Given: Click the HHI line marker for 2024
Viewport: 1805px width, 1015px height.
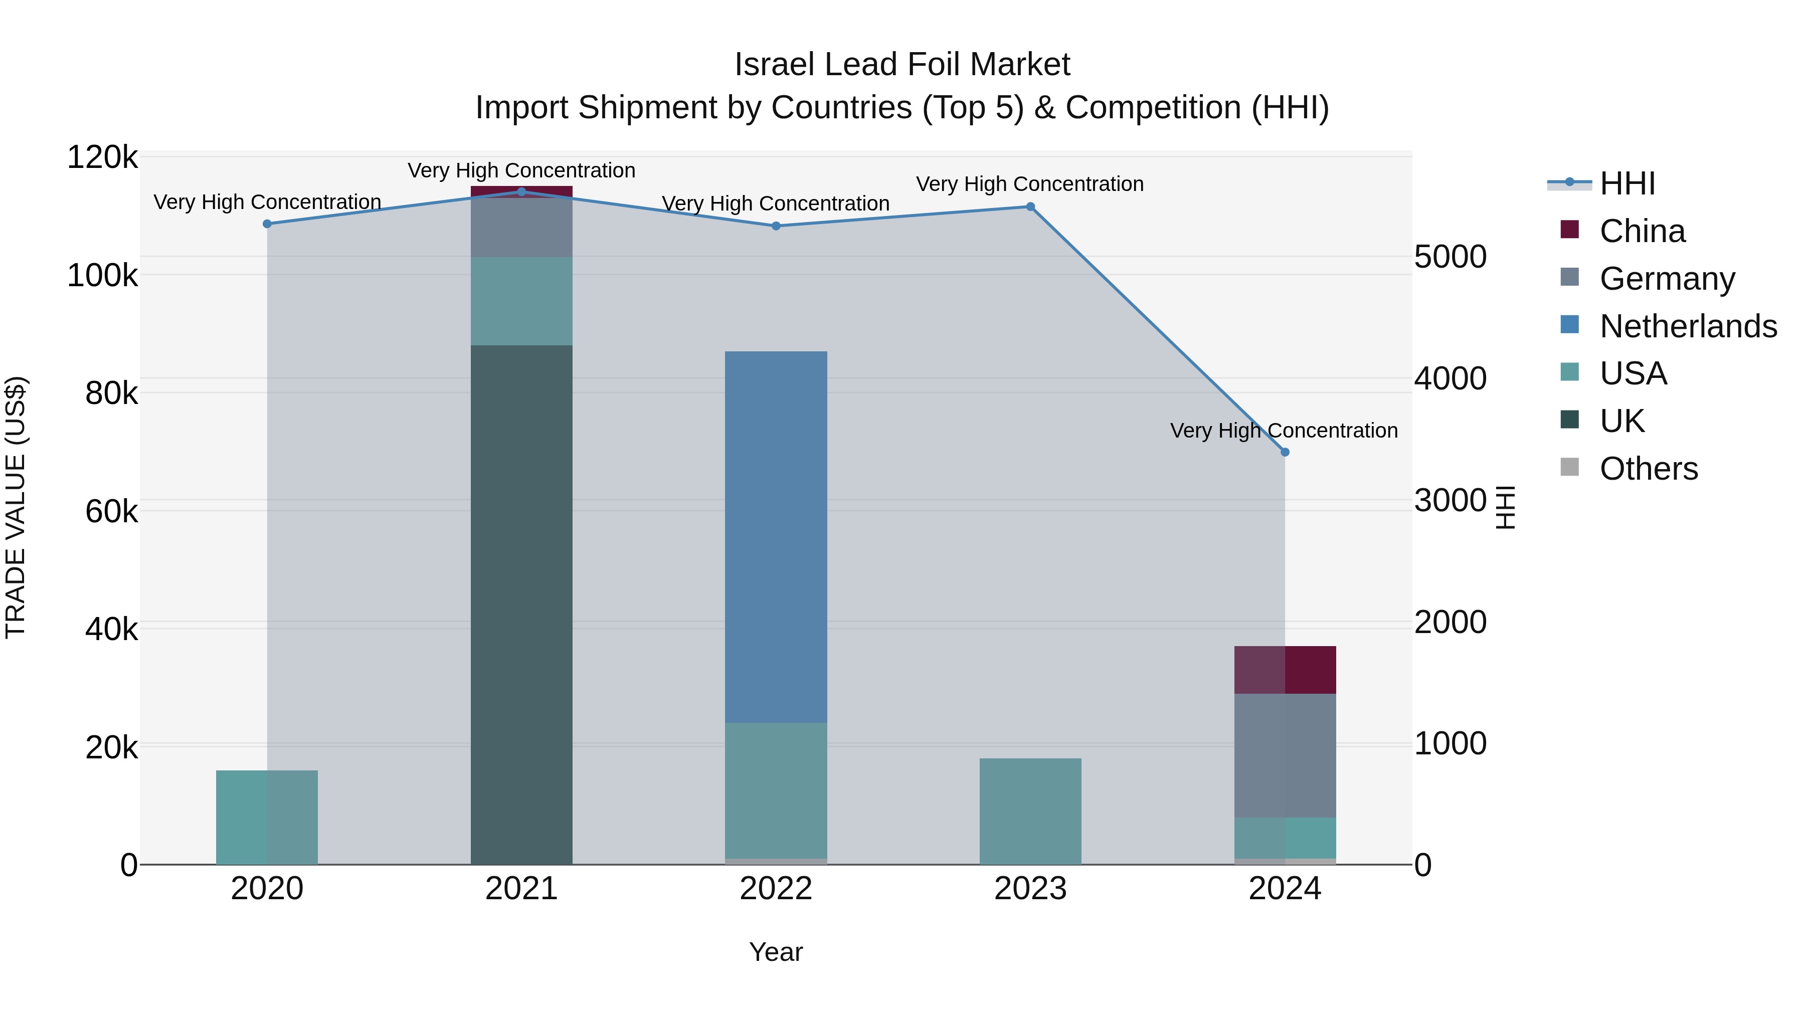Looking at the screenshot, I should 1285,452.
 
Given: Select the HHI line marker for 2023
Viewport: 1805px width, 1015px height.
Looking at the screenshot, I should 1030,207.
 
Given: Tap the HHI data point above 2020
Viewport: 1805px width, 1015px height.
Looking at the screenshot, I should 267,224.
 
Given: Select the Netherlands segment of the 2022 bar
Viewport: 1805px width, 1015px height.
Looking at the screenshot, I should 776,536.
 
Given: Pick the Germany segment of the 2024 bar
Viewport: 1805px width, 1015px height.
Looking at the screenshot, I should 1285,755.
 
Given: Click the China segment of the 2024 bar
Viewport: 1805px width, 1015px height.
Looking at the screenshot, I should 1285,670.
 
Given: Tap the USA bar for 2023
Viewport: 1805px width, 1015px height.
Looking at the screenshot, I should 1030,811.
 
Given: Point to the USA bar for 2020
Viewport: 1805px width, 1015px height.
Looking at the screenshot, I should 267,817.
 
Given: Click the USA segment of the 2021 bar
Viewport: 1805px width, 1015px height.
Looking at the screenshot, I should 521,301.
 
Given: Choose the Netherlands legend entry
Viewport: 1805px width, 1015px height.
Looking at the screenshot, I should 1687,326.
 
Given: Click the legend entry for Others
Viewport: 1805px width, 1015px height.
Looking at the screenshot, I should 1648,469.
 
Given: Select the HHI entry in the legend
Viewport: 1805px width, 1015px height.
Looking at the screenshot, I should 1627,183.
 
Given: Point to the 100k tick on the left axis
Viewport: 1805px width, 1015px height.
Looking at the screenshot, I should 102,275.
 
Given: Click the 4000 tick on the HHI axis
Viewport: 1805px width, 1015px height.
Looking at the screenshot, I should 1450,378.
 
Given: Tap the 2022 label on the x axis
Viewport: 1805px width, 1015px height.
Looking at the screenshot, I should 776,889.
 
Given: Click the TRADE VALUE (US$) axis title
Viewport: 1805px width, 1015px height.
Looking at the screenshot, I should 16,507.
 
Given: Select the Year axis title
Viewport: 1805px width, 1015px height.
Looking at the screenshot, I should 776,952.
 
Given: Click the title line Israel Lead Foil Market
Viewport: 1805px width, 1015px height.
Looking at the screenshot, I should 902,65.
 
